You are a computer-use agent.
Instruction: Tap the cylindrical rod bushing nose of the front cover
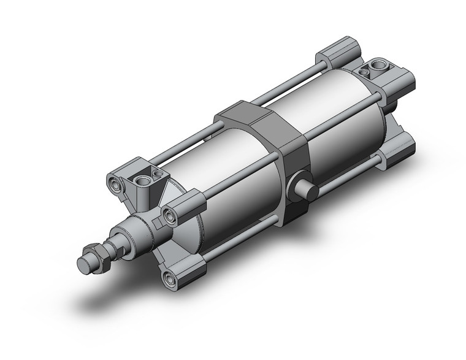[136, 231]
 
